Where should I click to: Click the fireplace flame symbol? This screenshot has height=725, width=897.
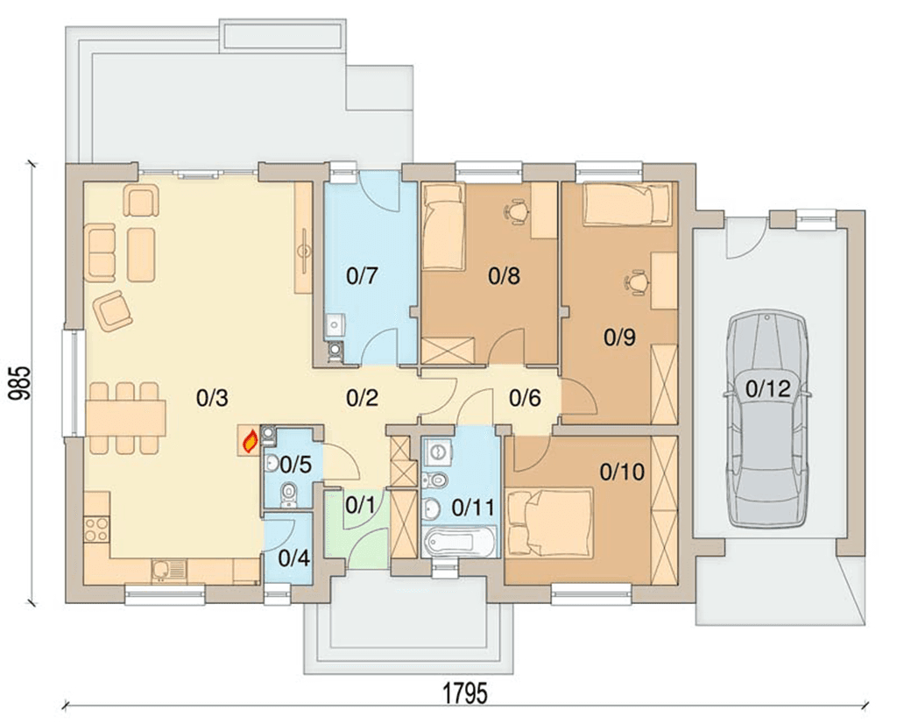click(x=250, y=442)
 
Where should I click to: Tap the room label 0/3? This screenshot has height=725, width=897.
click(x=212, y=397)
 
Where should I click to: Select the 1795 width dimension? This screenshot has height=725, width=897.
click(x=466, y=693)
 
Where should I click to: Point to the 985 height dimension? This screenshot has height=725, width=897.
click(x=19, y=383)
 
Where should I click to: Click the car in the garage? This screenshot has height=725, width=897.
click(x=768, y=418)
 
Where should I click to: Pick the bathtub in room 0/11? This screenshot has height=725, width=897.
click(x=461, y=542)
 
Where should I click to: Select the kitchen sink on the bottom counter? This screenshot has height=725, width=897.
click(x=169, y=571)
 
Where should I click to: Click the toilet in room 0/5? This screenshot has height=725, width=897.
click(x=289, y=494)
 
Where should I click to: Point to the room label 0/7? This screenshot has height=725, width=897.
click(x=362, y=276)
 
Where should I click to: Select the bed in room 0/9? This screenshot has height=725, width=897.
click(x=626, y=204)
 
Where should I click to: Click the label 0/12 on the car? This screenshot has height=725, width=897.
click(x=768, y=389)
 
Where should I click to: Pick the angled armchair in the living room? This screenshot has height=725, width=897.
click(x=113, y=309)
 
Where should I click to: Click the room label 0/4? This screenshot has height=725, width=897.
click(x=294, y=558)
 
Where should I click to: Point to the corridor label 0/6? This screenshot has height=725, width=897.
click(x=526, y=397)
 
